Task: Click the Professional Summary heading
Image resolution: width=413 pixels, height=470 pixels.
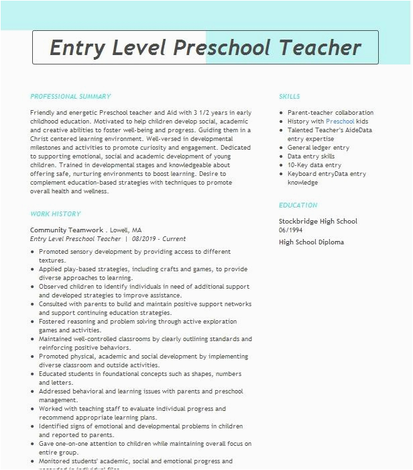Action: [70, 97]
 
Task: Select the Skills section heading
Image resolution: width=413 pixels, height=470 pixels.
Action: [290, 97]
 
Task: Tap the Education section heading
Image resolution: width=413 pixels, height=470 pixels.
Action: [298, 205]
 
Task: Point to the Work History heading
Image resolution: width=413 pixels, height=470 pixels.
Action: [55, 214]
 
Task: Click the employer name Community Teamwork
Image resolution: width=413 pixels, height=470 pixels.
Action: [67, 230]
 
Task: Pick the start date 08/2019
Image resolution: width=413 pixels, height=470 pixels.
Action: [145, 239]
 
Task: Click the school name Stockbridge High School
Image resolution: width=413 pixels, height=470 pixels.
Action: [318, 222]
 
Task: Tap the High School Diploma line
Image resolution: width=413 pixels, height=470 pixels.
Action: [311, 242]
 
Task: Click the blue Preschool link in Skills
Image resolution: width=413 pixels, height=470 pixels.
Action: [340, 122]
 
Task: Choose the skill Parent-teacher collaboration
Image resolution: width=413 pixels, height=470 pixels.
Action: [331, 113]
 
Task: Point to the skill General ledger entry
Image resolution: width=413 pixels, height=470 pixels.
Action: [318, 148]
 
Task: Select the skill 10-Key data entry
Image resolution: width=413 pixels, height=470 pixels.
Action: [314, 165]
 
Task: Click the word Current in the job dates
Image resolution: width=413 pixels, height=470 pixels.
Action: [174, 239]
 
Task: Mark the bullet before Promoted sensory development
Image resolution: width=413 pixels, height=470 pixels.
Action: [34, 252]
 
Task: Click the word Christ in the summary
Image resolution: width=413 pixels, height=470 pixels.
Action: [40, 138]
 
